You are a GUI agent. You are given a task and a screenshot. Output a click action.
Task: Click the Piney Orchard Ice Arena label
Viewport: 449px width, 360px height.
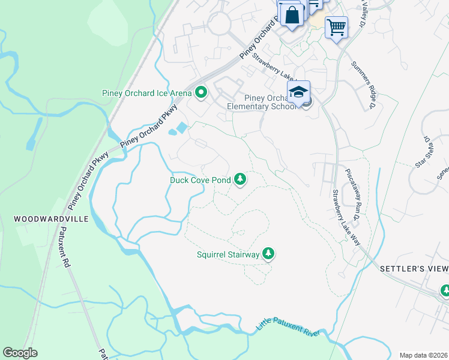(146, 93)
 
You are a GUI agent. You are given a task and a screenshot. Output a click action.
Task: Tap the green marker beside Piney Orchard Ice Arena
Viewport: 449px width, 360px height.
(201, 93)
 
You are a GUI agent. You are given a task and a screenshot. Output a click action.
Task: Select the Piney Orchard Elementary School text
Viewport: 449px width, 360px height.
(271, 103)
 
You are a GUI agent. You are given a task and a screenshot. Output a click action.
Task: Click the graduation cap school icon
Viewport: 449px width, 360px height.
(298, 92)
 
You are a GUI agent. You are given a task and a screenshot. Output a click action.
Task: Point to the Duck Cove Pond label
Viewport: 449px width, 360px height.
(200, 179)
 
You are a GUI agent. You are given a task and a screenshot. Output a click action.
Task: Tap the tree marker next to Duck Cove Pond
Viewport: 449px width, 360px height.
(240, 179)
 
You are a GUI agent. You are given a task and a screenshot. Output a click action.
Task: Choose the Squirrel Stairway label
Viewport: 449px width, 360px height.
(228, 254)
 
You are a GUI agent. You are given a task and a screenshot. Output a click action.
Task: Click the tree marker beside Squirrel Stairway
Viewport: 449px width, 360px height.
(269, 254)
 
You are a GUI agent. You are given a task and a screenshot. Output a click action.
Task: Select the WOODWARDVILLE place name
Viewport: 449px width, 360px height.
(51, 220)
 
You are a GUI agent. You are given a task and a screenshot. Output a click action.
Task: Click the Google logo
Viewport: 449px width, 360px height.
(20, 352)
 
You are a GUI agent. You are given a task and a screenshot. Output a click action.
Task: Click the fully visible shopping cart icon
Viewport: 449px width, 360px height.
(336, 26)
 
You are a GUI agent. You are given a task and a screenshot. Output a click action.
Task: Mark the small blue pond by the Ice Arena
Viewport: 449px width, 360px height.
(179, 128)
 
